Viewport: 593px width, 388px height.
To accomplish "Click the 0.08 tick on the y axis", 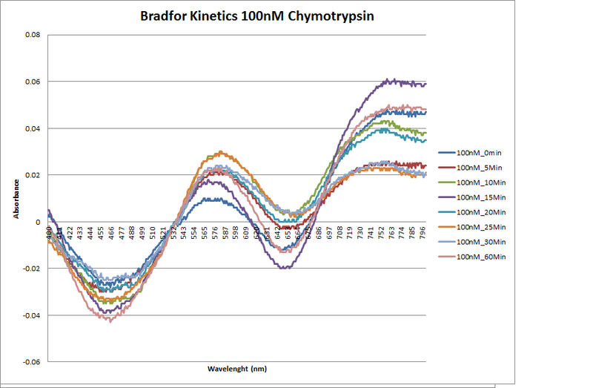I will tap(32, 35).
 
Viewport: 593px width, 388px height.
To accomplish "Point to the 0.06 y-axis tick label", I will tap(32, 82).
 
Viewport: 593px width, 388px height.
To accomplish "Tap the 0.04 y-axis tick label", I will tap(32, 128).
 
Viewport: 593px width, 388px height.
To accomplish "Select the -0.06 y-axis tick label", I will tap(30, 362).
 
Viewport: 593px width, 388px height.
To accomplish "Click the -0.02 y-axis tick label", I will tap(30, 269).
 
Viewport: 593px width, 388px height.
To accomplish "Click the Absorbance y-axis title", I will tap(16, 199).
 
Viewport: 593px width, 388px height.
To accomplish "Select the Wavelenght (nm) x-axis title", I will tap(236, 369).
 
